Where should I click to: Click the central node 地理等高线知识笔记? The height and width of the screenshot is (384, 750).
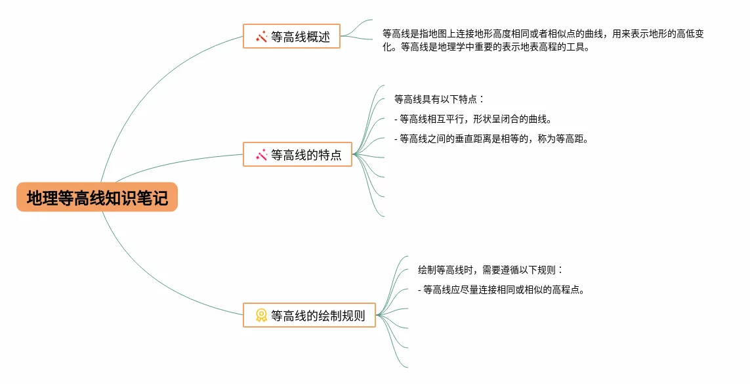[97, 198]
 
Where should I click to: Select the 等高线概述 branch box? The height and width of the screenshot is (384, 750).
[291, 37]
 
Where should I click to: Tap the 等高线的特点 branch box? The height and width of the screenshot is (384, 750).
[297, 155]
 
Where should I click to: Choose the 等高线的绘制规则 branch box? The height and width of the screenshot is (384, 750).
[308, 315]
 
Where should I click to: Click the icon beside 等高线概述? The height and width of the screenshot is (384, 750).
[261, 37]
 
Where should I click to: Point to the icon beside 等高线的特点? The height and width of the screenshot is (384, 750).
[261, 155]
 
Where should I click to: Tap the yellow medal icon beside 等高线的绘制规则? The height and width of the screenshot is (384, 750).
[261, 315]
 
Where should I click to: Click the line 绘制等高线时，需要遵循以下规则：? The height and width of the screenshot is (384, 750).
[491, 270]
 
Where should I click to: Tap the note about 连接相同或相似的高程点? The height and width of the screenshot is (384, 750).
[501, 289]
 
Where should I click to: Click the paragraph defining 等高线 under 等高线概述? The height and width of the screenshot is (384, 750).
[545, 40]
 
